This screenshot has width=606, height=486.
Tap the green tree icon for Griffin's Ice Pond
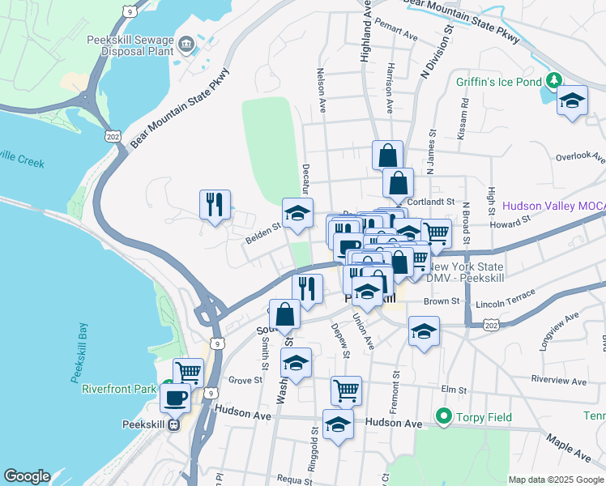(553, 79)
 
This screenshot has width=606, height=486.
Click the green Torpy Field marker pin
(443, 417)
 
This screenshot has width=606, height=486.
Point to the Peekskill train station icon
(173, 425)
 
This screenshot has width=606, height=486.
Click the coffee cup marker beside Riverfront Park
(176, 398)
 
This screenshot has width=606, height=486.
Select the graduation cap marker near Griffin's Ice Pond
(572, 101)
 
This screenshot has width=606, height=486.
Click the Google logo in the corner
(27, 476)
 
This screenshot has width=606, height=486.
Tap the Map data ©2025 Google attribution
(556, 480)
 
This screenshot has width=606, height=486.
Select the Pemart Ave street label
(396, 37)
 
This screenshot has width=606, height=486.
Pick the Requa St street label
(294, 479)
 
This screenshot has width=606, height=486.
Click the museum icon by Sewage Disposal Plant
(188, 44)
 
